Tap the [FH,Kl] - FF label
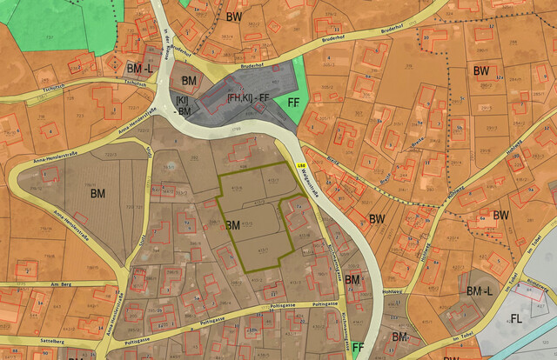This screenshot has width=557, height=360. pos(247,99)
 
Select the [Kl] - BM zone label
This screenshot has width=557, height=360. pos(183,106)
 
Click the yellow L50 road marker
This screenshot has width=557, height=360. pos(302,165)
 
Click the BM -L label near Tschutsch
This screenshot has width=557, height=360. pos(139,68)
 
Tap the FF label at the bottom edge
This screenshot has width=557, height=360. pos(357,347)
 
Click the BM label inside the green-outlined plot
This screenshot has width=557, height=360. pos(232,225)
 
